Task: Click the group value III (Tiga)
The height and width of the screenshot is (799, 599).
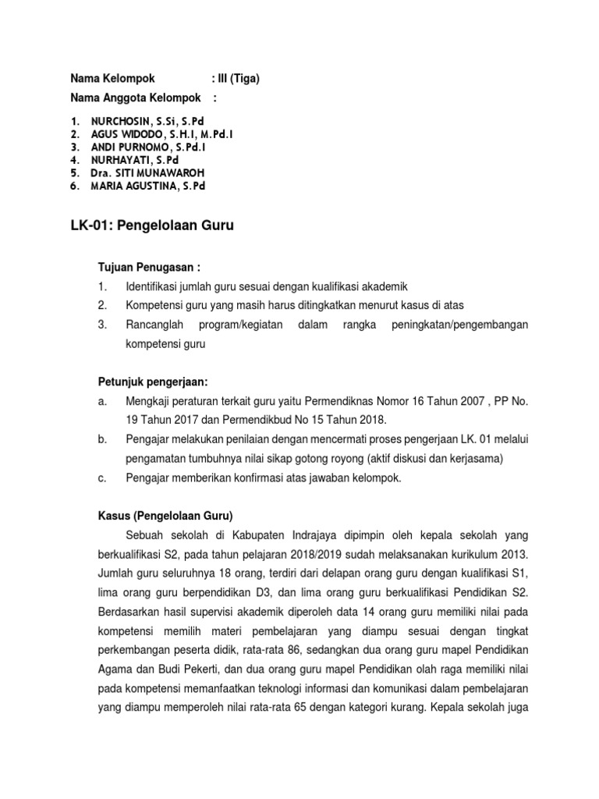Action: click(x=239, y=78)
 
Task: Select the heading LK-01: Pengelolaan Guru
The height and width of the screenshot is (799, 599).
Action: click(x=152, y=226)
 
